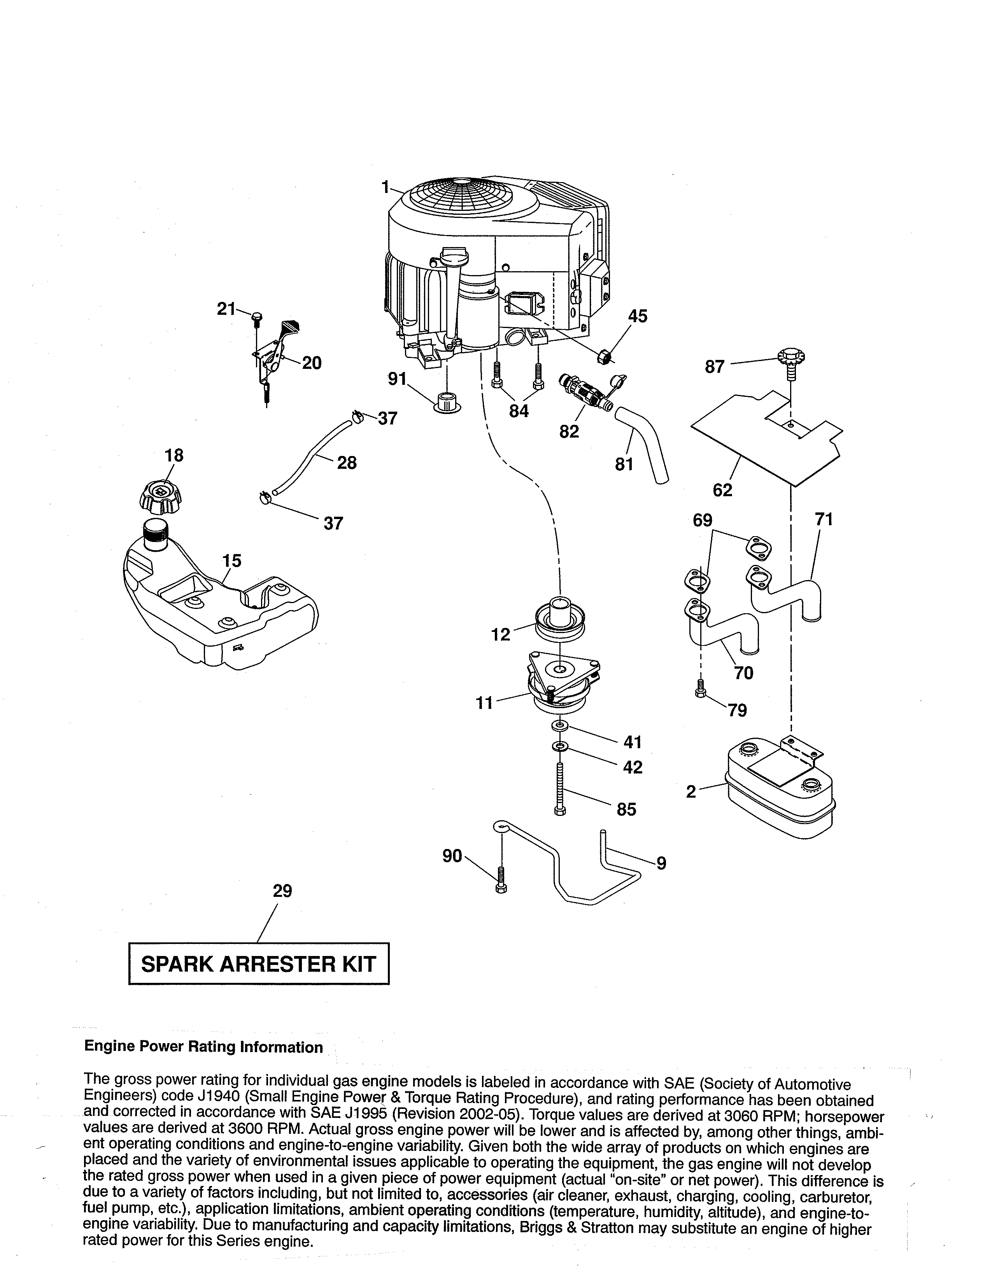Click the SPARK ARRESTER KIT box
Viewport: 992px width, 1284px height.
point(259,964)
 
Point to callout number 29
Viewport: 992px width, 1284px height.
point(282,891)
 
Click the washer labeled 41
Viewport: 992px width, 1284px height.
point(560,727)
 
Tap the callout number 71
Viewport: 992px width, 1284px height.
point(824,520)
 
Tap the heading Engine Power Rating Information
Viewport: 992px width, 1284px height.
point(203,1047)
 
